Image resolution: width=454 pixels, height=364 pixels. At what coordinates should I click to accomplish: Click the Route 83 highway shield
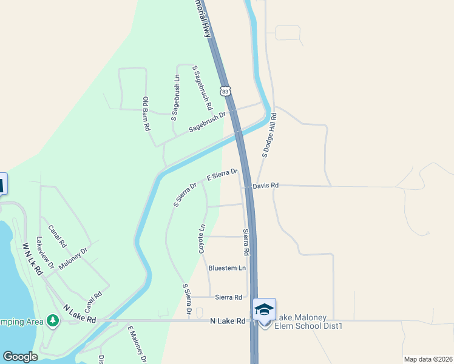coord(226,90)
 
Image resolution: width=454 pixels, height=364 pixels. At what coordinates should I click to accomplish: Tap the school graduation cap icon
coord(264,309)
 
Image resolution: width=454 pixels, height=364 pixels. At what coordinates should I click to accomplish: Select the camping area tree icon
coord(53,320)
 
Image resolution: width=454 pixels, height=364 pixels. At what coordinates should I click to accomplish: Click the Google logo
coord(20,356)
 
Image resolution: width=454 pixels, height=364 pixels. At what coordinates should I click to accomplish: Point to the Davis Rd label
coord(266,185)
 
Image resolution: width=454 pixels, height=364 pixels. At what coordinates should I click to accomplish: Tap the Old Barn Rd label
coord(146,114)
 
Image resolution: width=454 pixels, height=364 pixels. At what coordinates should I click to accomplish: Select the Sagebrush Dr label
coord(206,122)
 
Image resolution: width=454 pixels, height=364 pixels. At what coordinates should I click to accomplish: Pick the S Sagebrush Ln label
coord(176,96)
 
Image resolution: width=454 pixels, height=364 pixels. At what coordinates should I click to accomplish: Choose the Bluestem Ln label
coord(227,268)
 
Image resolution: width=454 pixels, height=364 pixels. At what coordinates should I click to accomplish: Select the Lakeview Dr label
coord(45,252)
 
